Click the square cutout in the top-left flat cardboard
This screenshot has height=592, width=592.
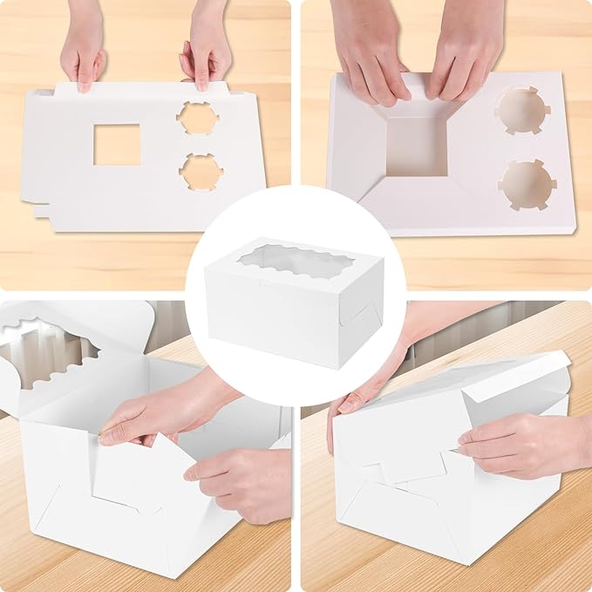point(117,145)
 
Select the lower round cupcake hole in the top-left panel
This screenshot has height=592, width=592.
point(201,172)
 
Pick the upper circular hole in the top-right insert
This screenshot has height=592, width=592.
point(522,111)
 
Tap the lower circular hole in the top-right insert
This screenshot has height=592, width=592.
point(527,184)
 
